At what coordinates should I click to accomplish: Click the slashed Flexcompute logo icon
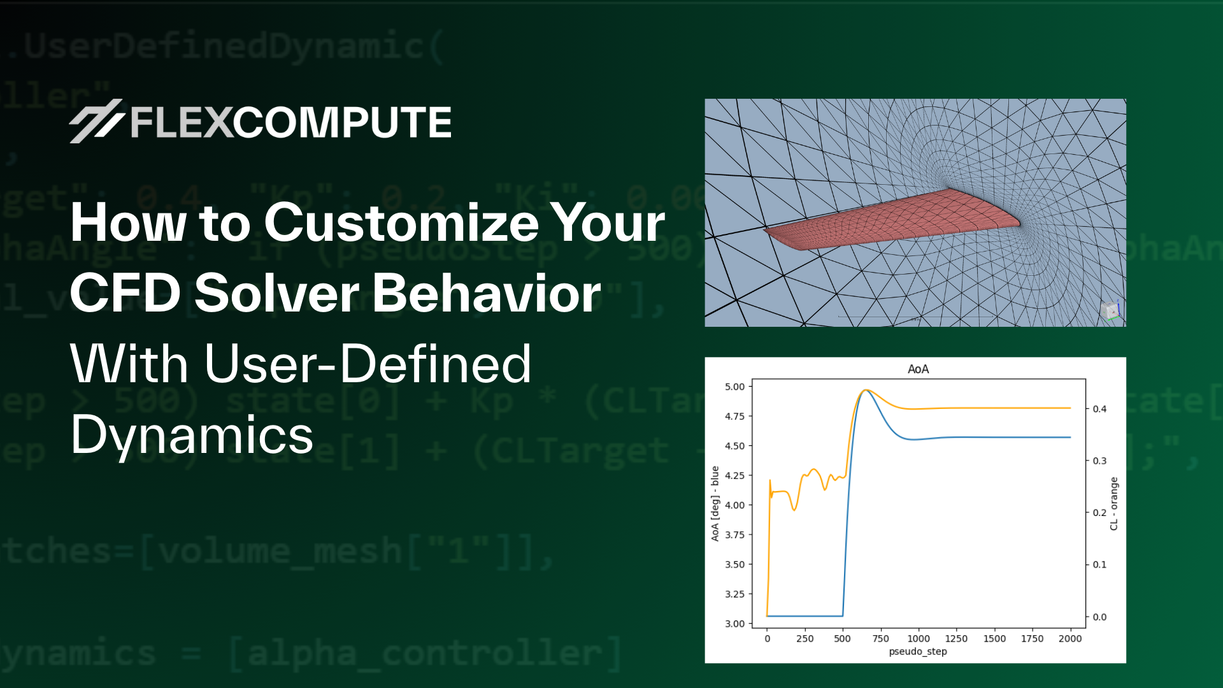pos(96,121)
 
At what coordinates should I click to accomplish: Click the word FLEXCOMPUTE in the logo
pos(291,122)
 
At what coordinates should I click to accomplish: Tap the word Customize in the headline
pos(402,223)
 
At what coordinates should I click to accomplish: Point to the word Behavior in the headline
pos(487,293)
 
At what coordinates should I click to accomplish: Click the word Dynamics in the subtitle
pos(192,435)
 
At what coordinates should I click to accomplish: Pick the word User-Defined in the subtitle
pos(368,364)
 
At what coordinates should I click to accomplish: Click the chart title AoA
pos(918,369)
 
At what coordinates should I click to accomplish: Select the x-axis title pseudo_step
pos(917,651)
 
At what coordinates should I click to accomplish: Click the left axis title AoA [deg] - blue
pos(715,503)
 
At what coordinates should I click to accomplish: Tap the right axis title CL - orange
pos(1113,503)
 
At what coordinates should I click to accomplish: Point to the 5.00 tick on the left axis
pos(734,387)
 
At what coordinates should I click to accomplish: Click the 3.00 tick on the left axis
pos(734,624)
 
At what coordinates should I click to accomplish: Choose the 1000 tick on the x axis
pos(919,638)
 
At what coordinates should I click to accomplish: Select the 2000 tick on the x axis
pos(1070,638)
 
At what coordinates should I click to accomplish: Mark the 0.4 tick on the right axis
pos(1099,409)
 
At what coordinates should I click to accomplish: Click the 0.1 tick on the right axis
pos(1099,564)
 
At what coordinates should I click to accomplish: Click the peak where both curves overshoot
pos(864,391)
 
